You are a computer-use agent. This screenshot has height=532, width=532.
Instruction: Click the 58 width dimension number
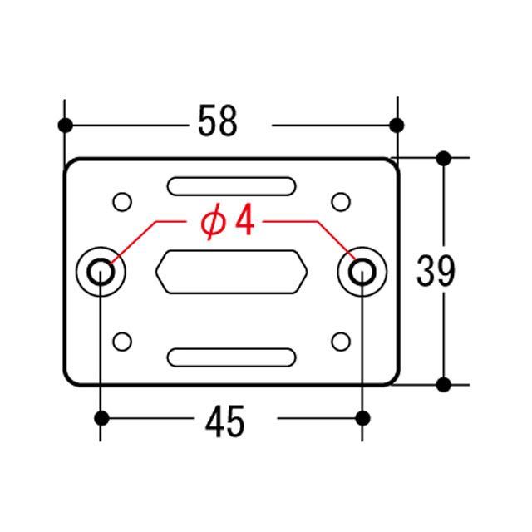pyautogui.click(x=217, y=121)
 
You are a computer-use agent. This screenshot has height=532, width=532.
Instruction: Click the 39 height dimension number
pyautogui.click(x=436, y=271)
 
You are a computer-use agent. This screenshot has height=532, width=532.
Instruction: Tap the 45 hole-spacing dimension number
pyautogui.click(x=224, y=421)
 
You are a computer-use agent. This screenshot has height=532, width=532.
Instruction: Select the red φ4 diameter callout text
pyautogui.click(x=227, y=221)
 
